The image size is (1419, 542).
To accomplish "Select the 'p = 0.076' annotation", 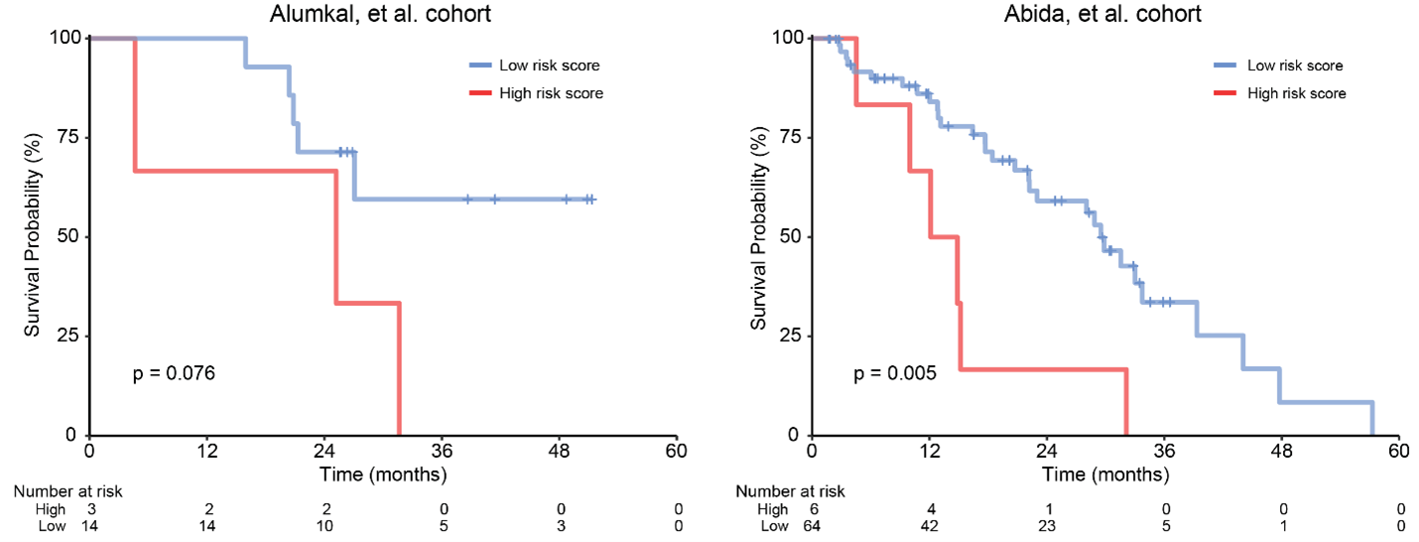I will point(175,374).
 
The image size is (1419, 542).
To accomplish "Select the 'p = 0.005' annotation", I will point(896,374).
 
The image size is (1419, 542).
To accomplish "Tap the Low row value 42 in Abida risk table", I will point(929,526).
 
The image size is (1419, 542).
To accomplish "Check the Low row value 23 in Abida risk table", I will point(1047,526).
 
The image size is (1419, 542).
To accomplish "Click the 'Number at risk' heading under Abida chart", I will point(790,491).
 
